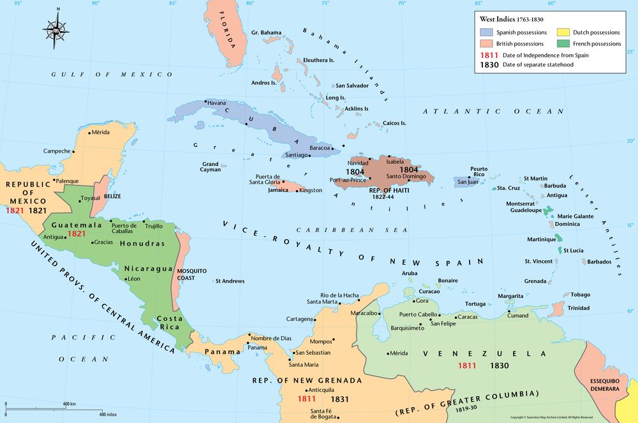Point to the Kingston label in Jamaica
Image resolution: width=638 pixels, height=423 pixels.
tap(311, 190)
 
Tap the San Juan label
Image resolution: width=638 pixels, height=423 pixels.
tap(467, 182)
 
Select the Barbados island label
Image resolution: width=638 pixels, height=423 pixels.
tap(599, 262)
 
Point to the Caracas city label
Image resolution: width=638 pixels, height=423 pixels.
tap(468, 316)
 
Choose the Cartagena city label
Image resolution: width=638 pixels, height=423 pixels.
tap(299, 319)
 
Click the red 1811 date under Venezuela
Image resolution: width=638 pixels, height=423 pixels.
tap(467, 366)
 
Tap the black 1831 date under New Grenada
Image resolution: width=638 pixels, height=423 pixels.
tap(339, 399)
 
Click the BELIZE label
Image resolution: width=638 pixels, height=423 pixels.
tap(112, 197)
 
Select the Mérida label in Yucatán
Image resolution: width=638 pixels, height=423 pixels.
tap(100, 133)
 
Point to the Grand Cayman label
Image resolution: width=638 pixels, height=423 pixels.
tap(211, 167)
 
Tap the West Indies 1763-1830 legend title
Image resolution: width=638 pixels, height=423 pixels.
tap(512, 20)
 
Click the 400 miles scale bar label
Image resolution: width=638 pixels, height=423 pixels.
tap(112, 415)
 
